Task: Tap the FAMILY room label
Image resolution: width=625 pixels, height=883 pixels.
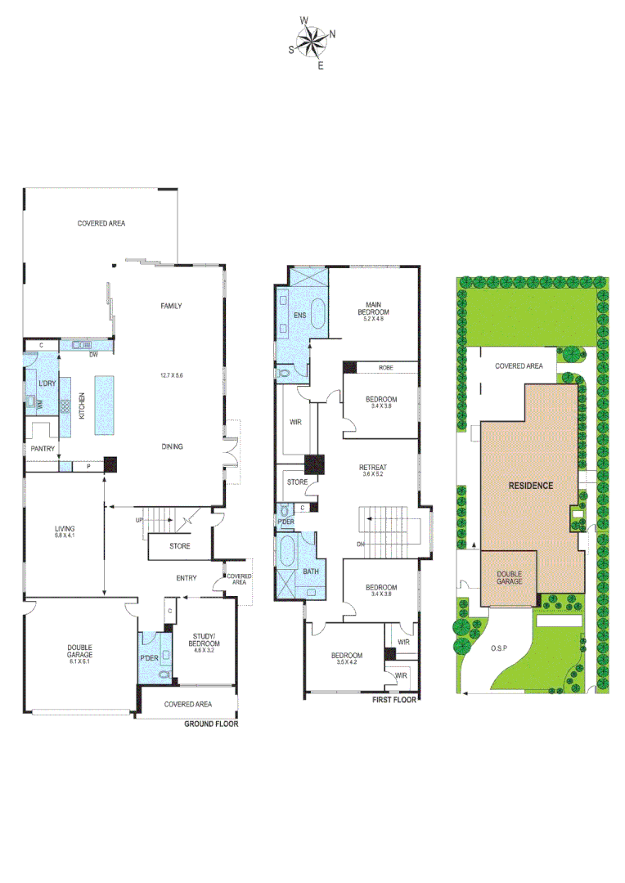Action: click(x=171, y=306)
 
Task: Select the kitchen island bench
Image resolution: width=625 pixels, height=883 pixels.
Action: click(x=104, y=405)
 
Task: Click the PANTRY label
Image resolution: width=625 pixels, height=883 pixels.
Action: click(x=42, y=449)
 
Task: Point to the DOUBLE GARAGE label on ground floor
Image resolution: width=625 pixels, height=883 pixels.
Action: click(x=79, y=652)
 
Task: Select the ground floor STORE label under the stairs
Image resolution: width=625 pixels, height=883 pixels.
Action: click(x=180, y=545)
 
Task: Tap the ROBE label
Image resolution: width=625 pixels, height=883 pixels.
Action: click(x=385, y=368)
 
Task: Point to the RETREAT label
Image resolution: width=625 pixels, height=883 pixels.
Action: click(x=372, y=468)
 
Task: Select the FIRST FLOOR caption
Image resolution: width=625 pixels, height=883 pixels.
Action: click(x=394, y=699)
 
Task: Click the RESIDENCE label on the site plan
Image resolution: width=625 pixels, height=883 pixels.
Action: click(x=531, y=485)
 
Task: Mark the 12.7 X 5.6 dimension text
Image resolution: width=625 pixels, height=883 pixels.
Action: click(x=171, y=375)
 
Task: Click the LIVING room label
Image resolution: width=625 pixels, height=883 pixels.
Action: click(x=65, y=529)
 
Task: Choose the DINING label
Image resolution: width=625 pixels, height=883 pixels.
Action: click(x=172, y=446)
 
